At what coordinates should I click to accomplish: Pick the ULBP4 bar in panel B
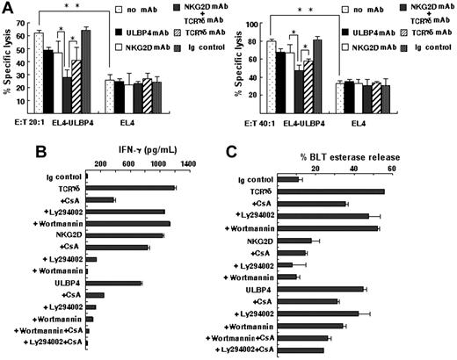click(x=114, y=283)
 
